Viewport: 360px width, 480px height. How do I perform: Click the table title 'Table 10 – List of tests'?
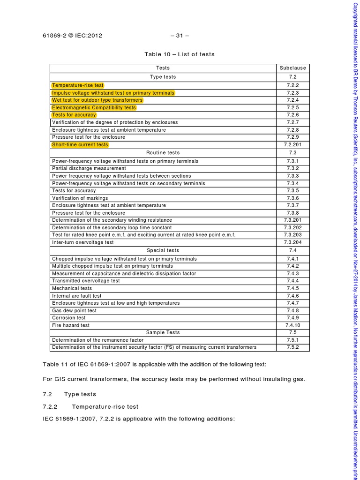pyautogui.click(x=180, y=54)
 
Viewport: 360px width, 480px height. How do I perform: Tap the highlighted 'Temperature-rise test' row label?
pyautogui.click(x=78, y=85)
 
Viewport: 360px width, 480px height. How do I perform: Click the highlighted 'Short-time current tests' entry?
pyautogui.click(x=80, y=144)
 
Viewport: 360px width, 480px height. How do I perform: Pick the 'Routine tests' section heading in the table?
pyautogui.click(x=163, y=152)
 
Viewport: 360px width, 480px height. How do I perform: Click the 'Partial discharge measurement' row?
pyautogui.click(x=89, y=168)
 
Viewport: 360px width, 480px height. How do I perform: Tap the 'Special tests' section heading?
pyautogui.click(x=163, y=250)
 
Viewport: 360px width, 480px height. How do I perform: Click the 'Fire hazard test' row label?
pyautogui.click(x=71, y=325)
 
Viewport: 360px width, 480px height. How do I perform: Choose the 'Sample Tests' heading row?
pyautogui.click(x=163, y=332)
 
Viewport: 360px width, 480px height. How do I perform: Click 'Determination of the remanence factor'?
pyautogui.click(x=98, y=340)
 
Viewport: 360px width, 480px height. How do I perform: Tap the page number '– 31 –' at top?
pyautogui.click(x=180, y=35)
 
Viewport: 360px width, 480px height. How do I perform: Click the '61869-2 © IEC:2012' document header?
pyautogui.click(x=72, y=35)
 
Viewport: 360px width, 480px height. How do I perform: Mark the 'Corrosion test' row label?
pyautogui.click(x=69, y=318)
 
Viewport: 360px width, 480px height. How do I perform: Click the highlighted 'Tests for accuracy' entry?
pyautogui.click(x=74, y=115)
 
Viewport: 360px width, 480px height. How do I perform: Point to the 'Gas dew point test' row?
pyautogui.click(x=74, y=310)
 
